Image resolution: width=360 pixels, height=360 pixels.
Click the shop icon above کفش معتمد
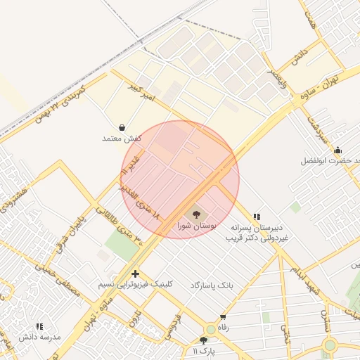pyautogui.click(x=123, y=128)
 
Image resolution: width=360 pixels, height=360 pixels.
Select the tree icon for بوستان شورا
pyautogui.click(x=195, y=214)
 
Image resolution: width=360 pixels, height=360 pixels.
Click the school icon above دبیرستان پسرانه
pyautogui.click(x=257, y=217)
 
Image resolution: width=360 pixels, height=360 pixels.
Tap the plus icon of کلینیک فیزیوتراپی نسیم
pyautogui.click(x=135, y=274)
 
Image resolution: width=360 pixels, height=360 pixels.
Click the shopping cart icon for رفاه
pyautogui.click(x=224, y=317)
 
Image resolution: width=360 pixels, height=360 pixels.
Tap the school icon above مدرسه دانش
pyautogui.click(x=39, y=327)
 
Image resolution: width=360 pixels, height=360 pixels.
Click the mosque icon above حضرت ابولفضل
pyautogui.click(x=337, y=150)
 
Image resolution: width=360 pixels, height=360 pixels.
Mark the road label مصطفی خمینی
pyautogui.click(x=77, y=275)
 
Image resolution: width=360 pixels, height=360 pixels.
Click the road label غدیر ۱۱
pyautogui.click(x=131, y=162)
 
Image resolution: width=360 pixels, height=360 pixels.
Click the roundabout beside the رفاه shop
pyautogui.click(x=211, y=329)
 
